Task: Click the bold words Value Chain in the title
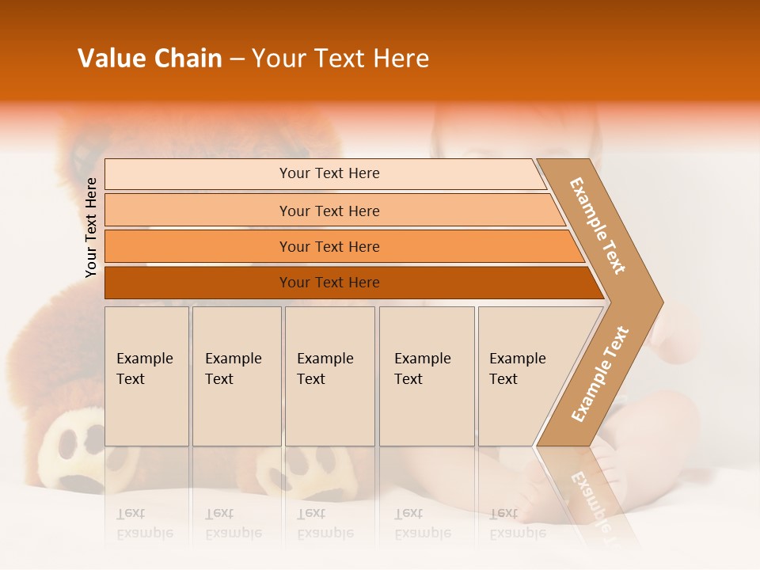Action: [150, 59]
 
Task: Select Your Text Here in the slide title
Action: [340, 59]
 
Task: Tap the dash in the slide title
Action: [237, 59]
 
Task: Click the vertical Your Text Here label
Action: [91, 228]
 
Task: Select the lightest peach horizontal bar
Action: [198, 174]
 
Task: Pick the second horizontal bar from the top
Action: [198, 211]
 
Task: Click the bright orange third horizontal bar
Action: [198, 246]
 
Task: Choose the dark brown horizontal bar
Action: [198, 283]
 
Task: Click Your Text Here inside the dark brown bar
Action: [329, 283]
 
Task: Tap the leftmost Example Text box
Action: [146, 376]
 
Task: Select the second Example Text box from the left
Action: [237, 376]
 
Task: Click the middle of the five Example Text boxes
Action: [329, 376]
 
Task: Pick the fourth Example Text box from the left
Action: [427, 376]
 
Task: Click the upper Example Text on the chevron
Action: [598, 226]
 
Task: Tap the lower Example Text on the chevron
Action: [599, 374]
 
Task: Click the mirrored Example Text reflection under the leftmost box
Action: [145, 523]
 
